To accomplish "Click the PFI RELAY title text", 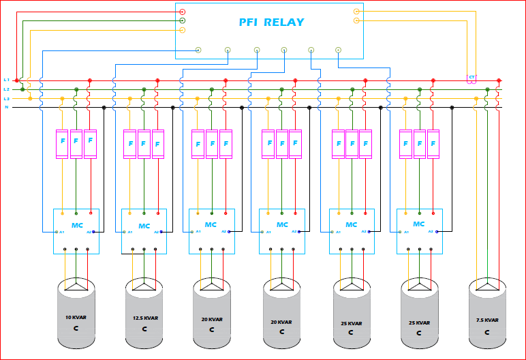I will click(x=271, y=22).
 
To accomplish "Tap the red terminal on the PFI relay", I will click(x=182, y=12).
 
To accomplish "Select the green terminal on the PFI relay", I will click(x=182, y=20).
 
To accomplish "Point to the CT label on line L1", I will click(x=471, y=78).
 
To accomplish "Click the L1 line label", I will click(x=7, y=80).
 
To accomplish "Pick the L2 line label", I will click(x=7, y=89).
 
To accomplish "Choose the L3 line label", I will click(x=7, y=98).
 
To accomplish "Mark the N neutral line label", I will click(x=7, y=107).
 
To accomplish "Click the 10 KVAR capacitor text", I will click(x=76, y=318).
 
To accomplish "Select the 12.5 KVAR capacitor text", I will click(x=144, y=318).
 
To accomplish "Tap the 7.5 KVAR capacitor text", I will click(x=487, y=320).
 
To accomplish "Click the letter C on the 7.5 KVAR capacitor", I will click(x=487, y=332).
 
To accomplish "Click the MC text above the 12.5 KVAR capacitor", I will click(x=144, y=226).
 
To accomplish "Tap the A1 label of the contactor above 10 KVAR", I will click(x=62, y=232).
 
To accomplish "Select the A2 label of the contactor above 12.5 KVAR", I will click(x=156, y=232).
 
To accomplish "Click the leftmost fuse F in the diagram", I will click(x=62, y=143).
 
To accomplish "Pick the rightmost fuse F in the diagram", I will click(x=433, y=144).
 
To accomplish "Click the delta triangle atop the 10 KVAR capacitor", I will click(x=76, y=284).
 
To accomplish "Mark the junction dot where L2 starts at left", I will click(x=22, y=89).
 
